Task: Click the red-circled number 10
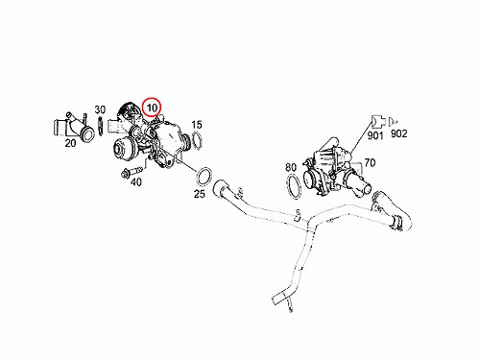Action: point(152,108)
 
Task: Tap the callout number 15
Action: point(197,125)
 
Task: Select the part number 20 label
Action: point(70,143)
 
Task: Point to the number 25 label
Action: point(200,194)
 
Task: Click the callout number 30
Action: point(100,109)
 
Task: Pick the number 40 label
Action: point(136,182)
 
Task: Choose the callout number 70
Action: point(370,163)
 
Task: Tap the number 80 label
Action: point(291,167)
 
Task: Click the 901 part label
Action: point(375,135)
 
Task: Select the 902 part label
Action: point(398,133)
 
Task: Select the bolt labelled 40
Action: point(132,172)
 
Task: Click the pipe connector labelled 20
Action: point(73,128)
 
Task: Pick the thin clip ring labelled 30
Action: point(101,126)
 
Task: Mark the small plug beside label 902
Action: point(393,122)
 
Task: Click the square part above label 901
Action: point(377,121)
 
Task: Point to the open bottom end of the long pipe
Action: point(276,300)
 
